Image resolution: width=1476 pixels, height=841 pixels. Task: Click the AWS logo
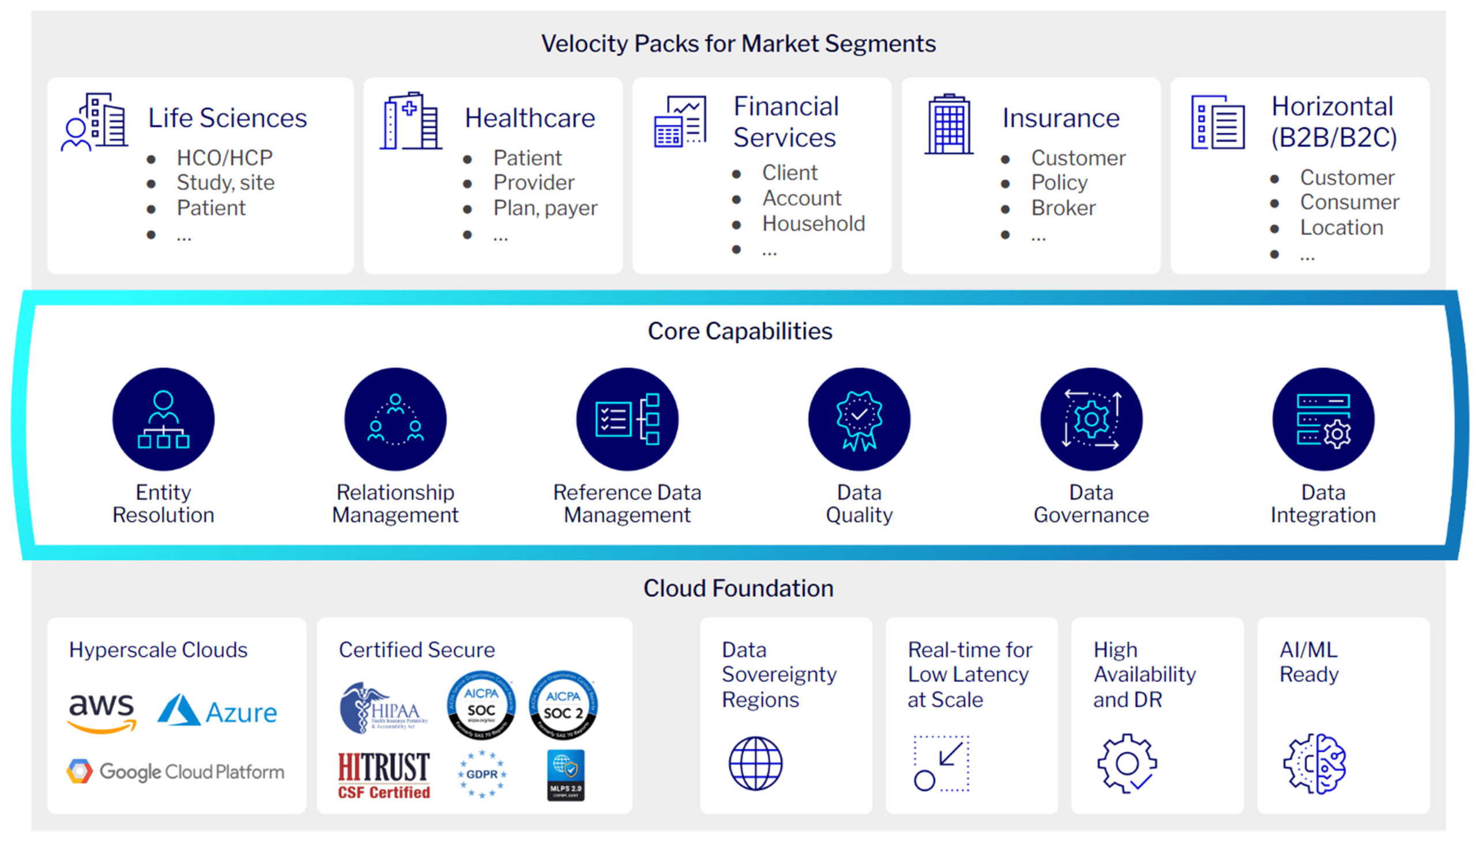(101, 713)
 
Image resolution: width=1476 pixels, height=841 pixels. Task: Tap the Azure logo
(217, 711)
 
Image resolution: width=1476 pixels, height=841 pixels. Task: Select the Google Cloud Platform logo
(175, 772)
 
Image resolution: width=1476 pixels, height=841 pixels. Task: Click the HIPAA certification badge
(382, 708)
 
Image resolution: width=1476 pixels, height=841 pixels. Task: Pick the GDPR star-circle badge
(482, 774)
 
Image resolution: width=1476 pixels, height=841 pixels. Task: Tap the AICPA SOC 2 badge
(563, 706)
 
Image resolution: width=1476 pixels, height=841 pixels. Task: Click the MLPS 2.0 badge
(566, 775)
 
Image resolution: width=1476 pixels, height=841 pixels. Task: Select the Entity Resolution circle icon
(164, 419)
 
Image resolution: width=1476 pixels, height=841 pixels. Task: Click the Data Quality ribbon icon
(859, 419)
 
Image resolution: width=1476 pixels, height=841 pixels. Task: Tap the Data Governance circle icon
(1091, 419)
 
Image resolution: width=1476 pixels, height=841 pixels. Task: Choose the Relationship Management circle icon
(396, 419)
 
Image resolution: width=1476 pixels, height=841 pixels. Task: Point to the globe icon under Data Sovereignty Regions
(756, 764)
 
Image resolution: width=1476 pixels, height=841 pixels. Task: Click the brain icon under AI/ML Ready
(1315, 764)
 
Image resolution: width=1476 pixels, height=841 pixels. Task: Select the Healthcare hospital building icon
(411, 121)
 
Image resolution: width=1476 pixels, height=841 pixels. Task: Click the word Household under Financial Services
(814, 224)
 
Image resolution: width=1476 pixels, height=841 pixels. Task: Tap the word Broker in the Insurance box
(1063, 208)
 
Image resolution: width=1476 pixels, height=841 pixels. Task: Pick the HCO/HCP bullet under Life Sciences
(224, 158)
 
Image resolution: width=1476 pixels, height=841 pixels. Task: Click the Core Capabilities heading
(740, 331)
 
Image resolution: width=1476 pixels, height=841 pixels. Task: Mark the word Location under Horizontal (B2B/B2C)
(1342, 228)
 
